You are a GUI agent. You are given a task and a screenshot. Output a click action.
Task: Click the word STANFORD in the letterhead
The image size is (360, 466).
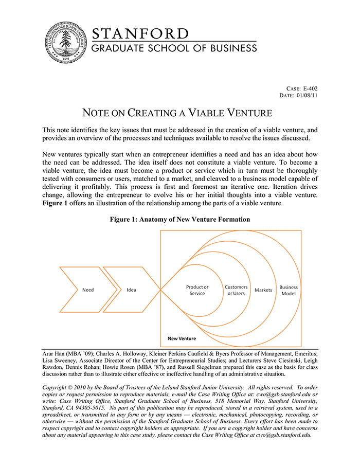click(x=140, y=34)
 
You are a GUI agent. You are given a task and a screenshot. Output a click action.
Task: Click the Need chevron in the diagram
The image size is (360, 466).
click(x=88, y=290)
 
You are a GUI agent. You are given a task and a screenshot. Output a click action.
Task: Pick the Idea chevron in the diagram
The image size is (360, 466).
click(x=131, y=290)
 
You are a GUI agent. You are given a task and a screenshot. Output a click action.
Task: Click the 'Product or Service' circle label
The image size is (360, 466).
click(x=197, y=290)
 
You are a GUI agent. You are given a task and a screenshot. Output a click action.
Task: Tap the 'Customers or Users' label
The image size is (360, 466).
click(x=236, y=290)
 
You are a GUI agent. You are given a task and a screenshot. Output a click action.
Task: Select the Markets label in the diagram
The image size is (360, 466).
click(x=263, y=290)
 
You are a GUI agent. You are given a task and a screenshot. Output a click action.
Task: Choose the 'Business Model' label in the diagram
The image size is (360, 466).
click(x=289, y=290)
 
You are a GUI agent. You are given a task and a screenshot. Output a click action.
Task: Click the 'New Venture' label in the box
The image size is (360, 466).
click(x=182, y=339)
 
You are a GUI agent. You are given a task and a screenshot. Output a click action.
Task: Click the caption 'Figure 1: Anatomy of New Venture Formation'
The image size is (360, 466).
click(x=179, y=219)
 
